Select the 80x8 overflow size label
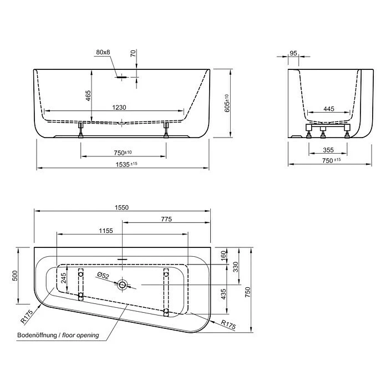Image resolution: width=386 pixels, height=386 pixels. coord(103,52)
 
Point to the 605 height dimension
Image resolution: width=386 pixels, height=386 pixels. coord(226,103)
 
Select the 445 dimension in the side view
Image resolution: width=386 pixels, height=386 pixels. coord(329,109)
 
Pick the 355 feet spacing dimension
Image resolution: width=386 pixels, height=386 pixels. coord(329,150)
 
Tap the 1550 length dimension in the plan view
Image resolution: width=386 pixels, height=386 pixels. coord(121,207)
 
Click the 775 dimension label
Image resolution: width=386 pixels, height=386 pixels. coord(166,219)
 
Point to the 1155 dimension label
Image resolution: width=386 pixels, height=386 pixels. coord(106,231)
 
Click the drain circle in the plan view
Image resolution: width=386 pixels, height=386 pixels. coord(122,285)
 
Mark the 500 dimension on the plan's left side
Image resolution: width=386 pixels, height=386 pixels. coord(17,276)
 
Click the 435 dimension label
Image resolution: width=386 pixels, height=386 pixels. coord(224,294)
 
